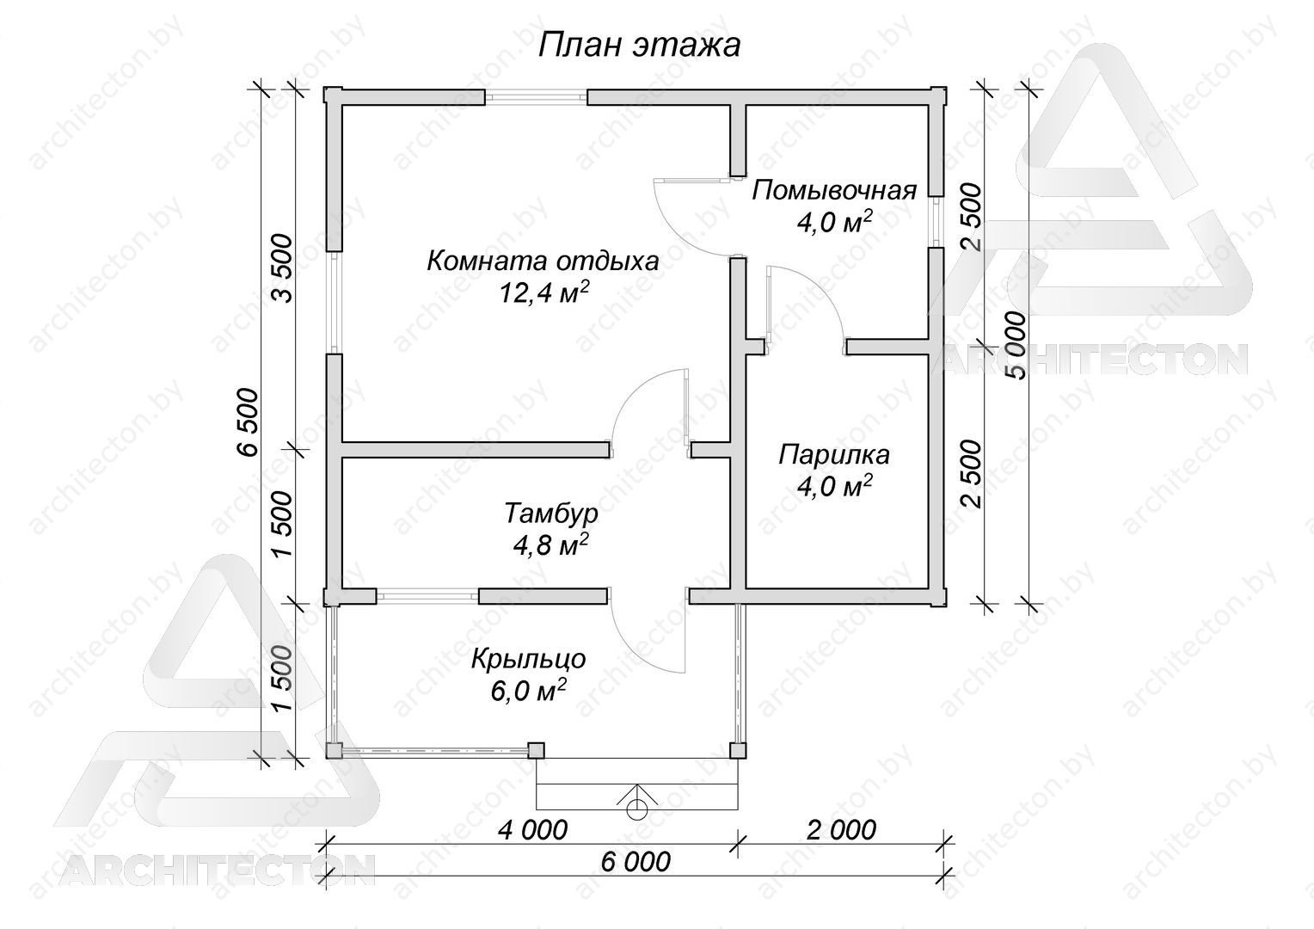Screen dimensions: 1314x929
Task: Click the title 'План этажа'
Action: (639, 46)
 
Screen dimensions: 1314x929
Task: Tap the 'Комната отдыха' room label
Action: (543, 261)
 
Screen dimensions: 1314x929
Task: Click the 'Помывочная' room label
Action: (834, 191)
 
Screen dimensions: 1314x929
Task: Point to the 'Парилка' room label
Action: (833, 455)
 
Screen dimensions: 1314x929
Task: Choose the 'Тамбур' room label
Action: (551, 514)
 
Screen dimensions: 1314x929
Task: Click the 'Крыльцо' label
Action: (529, 659)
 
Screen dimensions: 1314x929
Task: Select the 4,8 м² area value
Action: (551, 545)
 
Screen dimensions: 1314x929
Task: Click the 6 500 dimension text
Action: (248, 421)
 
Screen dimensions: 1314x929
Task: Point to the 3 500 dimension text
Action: (281, 268)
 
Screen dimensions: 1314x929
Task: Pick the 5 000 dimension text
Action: (1016, 347)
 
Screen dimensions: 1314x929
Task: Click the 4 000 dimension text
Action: (532, 830)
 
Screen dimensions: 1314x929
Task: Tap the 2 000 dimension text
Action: (841, 830)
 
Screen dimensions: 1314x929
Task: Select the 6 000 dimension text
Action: (636, 862)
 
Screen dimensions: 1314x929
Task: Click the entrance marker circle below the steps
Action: (636, 810)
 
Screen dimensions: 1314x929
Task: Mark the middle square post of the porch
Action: (536, 751)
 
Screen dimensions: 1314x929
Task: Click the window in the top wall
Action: (536, 97)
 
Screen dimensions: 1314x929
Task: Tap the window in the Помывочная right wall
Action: (936, 221)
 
